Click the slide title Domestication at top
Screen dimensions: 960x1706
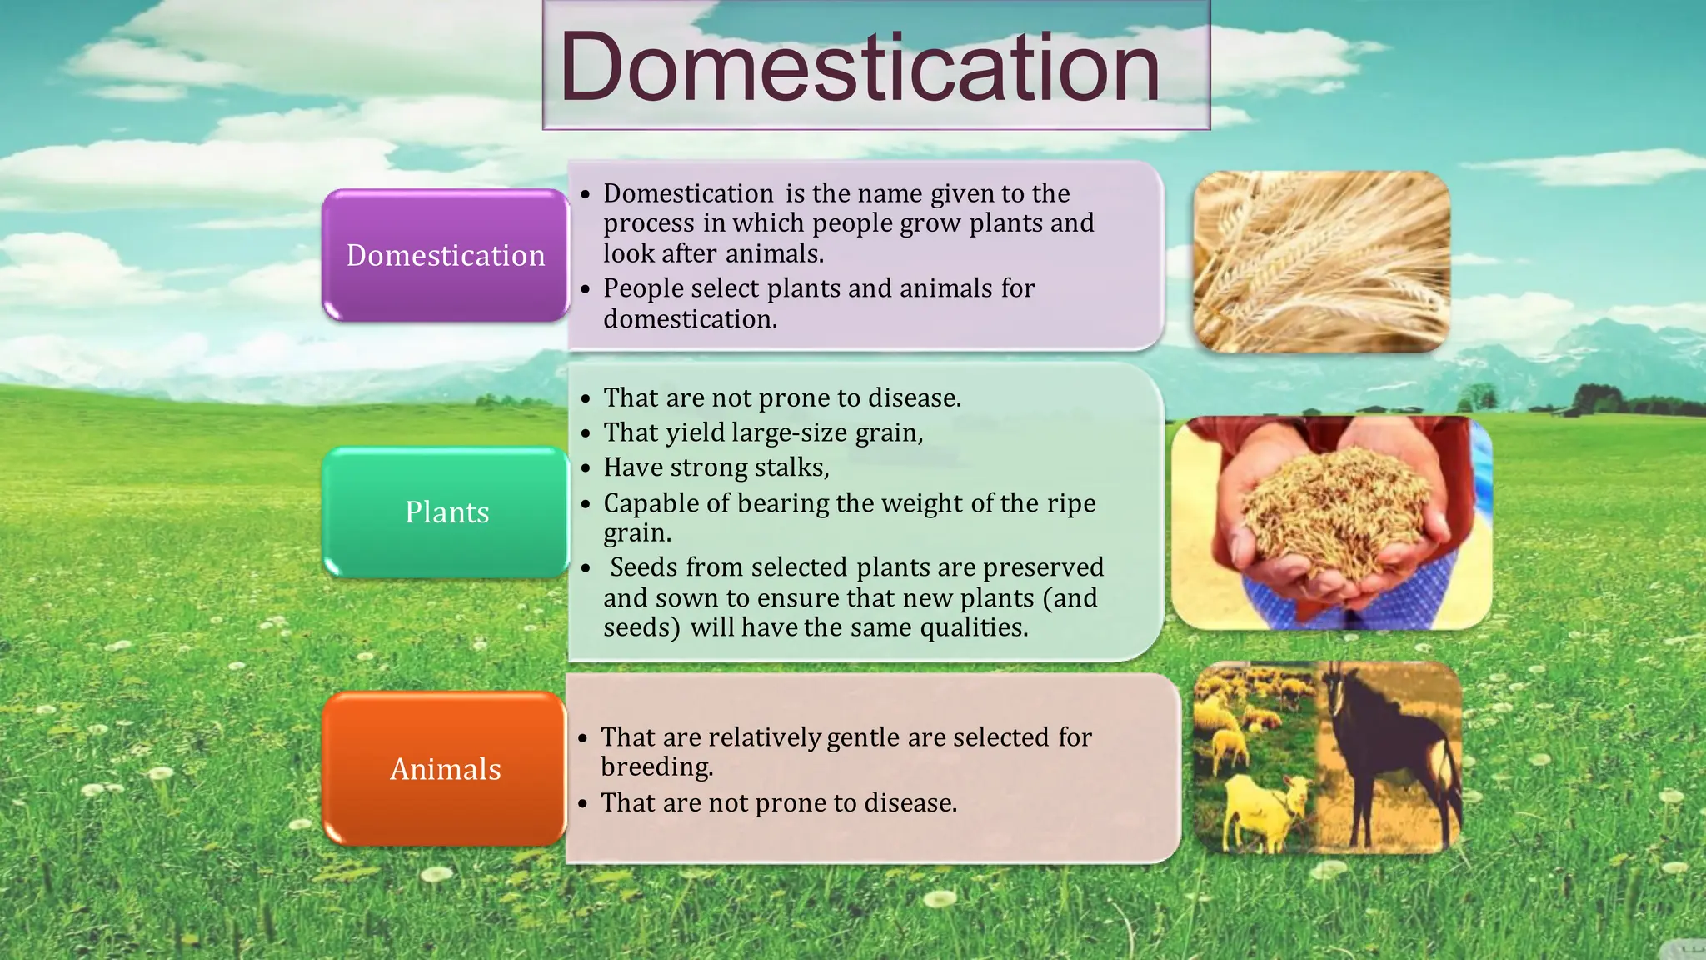pyautogui.click(x=860, y=67)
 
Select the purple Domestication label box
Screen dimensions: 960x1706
pyautogui.click(x=446, y=255)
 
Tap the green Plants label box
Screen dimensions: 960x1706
pyautogui.click(x=446, y=512)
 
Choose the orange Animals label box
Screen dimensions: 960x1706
pyautogui.click(x=446, y=768)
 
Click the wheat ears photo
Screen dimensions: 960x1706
pyautogui.click(x=1321, y=261)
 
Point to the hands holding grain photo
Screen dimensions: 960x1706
pyautogui.click(x=1331, y=523)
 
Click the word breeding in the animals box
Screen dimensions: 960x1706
pyautogui.click(x=656, y=767)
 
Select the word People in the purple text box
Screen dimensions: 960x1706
pyautogui.click(x=643, y=288)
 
